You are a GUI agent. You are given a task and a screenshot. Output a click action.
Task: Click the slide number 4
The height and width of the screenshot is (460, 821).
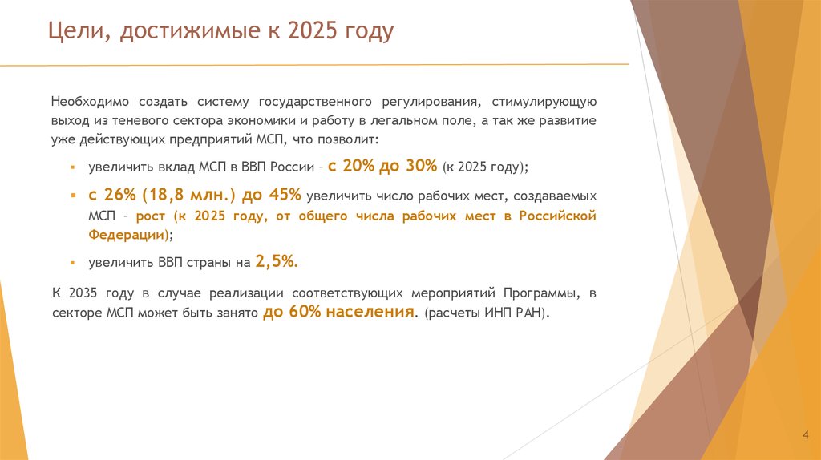[804, 434]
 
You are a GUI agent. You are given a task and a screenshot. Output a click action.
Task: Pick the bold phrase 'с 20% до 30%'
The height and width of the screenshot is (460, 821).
[382, 166]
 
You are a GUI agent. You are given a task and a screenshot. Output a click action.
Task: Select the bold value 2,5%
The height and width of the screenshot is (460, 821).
[277, 260]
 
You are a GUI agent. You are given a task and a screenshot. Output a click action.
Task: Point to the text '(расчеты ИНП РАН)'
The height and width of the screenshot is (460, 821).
[487, 313]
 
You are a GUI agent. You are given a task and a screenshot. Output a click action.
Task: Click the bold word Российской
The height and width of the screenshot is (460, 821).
[556, 216]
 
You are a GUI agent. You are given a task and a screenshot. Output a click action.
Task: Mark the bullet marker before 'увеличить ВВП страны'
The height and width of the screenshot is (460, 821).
[71, 263]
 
